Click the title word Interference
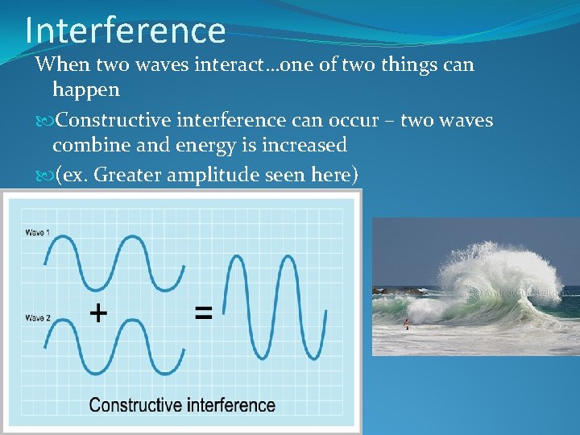coord(125,30)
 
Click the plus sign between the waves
coord(98,313)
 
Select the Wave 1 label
coord(37,233)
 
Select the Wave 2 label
coord(37,318)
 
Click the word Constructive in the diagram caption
coord(135,405)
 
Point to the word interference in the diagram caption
coord(231,405)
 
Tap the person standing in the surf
coord(406,324)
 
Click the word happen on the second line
coord(85,89)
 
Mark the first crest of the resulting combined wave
coord(239,258)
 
